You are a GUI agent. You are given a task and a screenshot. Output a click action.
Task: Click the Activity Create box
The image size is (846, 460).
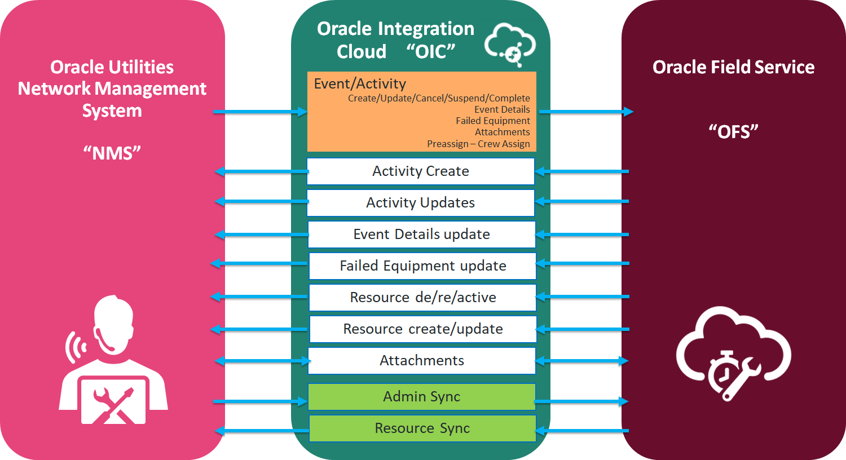[421, 171]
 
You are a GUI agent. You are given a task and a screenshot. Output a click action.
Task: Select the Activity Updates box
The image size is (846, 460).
[421, 203]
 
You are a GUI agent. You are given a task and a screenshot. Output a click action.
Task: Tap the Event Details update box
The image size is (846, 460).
[421, 235]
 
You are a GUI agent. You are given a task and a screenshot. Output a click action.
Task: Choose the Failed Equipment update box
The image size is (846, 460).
[422, 266]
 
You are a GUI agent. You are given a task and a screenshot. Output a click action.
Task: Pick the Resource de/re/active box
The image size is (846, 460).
[422, 297]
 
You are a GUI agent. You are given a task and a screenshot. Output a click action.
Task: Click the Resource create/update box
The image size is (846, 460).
[422, 329]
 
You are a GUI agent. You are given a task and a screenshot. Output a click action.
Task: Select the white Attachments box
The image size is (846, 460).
[422, 361]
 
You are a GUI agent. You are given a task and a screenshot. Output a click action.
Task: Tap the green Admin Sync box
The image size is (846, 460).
[422, 397]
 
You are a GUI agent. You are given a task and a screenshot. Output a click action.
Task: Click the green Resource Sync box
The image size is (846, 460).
[422, 428]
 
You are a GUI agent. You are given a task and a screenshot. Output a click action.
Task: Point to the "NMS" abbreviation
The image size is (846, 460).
[112, 153]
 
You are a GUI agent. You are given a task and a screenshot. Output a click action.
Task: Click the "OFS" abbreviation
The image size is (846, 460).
[733, 132]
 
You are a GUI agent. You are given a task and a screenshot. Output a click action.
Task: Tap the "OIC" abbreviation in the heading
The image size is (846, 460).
[431, 51]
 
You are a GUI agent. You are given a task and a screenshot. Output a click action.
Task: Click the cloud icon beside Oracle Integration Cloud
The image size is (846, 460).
[510, 45]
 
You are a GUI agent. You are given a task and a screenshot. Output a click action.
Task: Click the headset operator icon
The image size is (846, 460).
[113, 360]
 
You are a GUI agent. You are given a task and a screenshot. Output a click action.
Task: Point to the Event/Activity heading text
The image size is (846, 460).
[360, 84]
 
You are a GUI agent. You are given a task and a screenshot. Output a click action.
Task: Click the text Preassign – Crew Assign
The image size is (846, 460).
[478, 144]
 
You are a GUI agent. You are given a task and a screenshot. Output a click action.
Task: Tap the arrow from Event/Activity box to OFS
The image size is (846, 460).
[586, 112]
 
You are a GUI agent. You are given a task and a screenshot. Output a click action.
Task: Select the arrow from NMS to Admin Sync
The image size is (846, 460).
[261, 401]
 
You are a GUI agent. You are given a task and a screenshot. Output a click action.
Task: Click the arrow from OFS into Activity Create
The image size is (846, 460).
[581, 171]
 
